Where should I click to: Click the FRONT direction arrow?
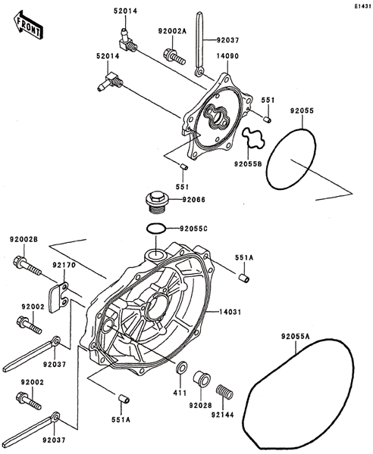(x=28, y=25)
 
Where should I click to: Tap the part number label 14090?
(x=227, y=56)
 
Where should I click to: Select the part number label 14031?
(x=230, y=312)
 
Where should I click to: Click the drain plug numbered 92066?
(x=157, y=202)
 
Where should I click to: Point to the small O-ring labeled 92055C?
(x=157, y=229)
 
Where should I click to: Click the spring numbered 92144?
(x=225, y=392)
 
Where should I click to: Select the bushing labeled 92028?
(x=202, y=379)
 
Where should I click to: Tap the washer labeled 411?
(x=181, y=368)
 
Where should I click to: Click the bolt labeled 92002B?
(x=27, y=266)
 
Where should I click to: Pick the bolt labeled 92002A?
(x=174, y=57)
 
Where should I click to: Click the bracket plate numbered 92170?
(x=59, y=297)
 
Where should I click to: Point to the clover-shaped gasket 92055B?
(x=254, y=138)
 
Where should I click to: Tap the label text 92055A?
(x=295, y=337)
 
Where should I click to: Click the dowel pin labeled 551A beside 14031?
(x=244, y=278)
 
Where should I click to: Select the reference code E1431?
(x=363, y=6)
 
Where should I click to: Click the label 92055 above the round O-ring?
(x=302, y=111)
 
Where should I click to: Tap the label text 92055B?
(x=248, y=164)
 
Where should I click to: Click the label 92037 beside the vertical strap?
(x=227, y=40)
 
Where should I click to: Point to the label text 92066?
(x=194, y=200)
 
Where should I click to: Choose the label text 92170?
(x=64, y=265)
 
